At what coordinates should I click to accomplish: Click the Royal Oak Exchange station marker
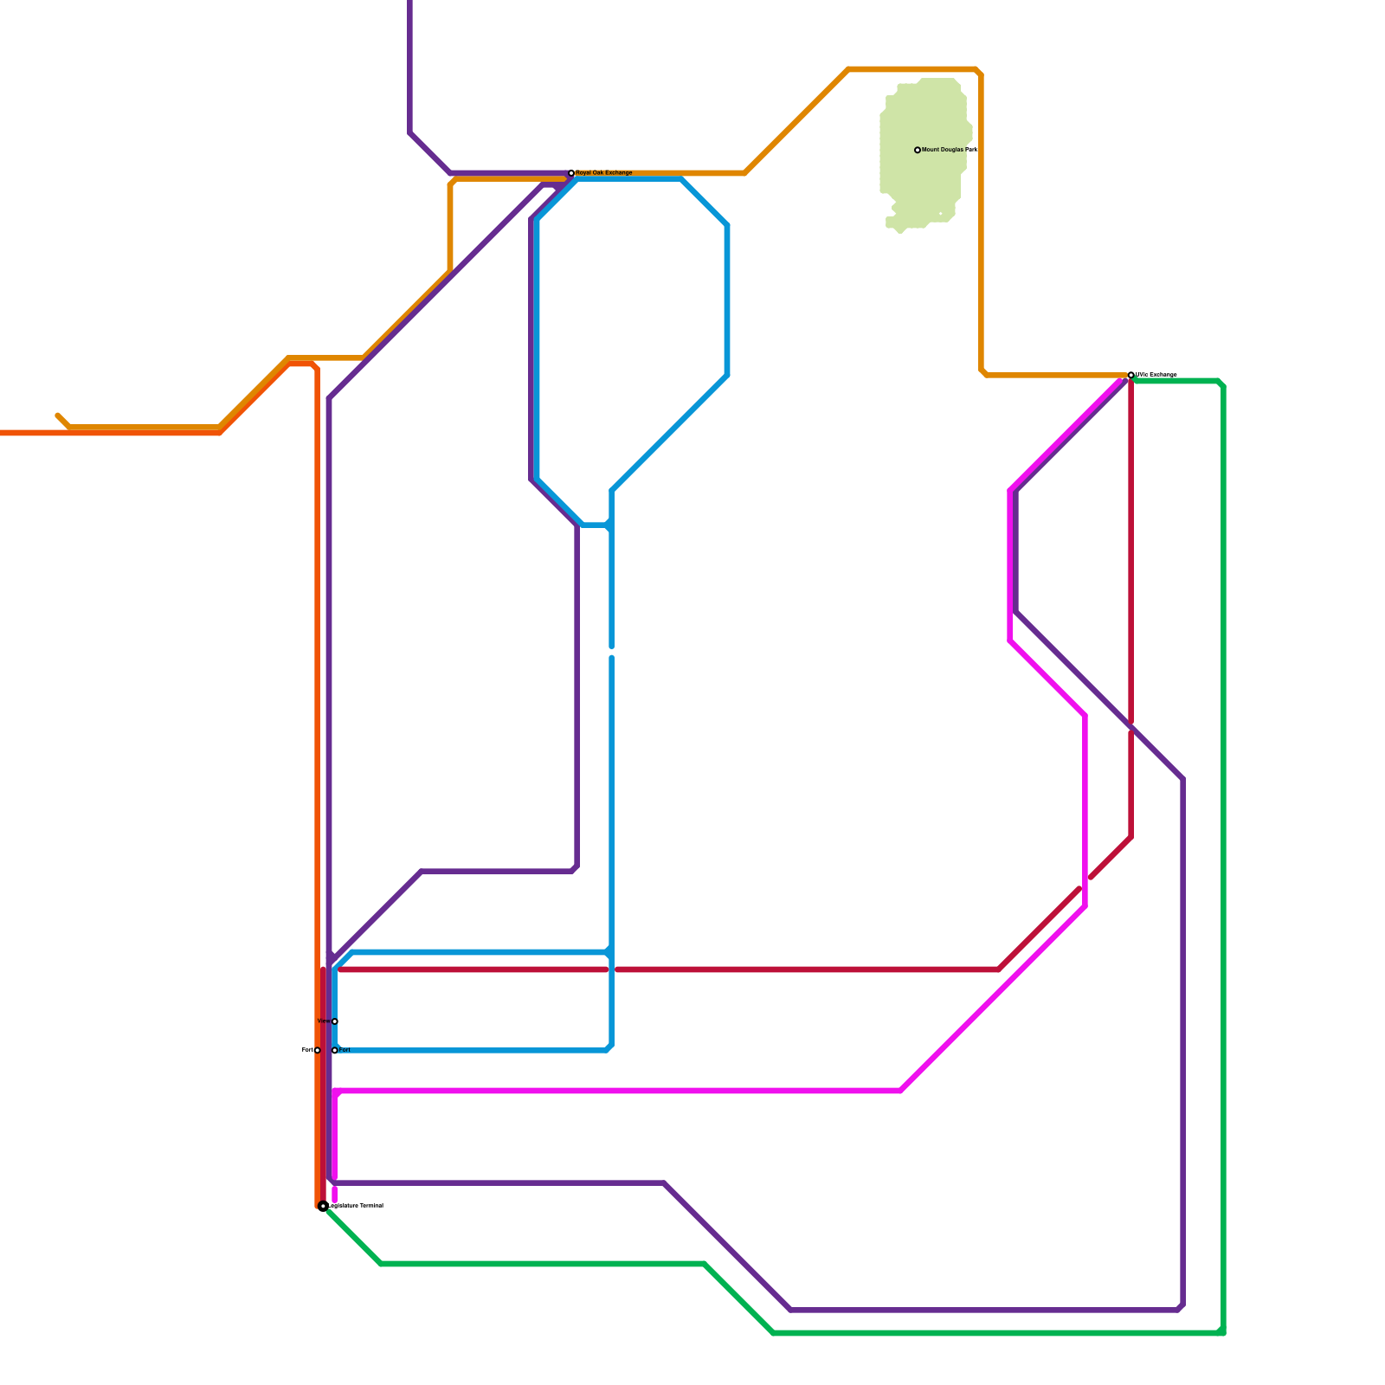[x=571, y=173]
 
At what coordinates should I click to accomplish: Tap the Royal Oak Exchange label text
[x=604, y=173]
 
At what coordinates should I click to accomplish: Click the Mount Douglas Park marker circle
[x=918, y=150]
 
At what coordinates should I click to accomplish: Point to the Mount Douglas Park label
[x=949, y=150]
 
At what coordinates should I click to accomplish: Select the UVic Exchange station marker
[x=1131, y=375]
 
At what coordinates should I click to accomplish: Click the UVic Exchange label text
[x=1156, y=375]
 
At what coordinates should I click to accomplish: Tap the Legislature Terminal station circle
[x=323, y=1206]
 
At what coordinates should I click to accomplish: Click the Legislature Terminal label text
[x=357, y=1206]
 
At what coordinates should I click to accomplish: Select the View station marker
[x=335, y=1021]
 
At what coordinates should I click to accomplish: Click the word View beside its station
[x=324, y=1021]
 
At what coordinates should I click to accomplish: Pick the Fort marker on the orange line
[x=318, y=1050]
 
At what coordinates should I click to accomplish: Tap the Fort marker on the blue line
[x=335, y=1050]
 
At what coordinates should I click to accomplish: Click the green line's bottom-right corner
[x=1221, y=1332]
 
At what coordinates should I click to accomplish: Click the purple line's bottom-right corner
[x=1181, y=1308]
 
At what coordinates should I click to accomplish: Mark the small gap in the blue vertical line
[x=611, y=652]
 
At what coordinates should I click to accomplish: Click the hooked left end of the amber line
[x=59, y=416]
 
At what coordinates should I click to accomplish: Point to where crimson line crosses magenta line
[x=1085, y=884]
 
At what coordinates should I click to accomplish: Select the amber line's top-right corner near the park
[x=979, y=71]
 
